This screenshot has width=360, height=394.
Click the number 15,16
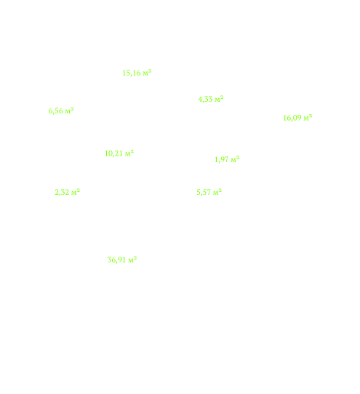click(x=132, y=73)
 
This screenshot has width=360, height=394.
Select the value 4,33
click(x=205, y=100)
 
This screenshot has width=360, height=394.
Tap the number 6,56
click(x=55, y=110)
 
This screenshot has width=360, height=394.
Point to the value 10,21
click(x=114, y=153)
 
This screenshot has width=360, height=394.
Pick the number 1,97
click(x=222, y=159)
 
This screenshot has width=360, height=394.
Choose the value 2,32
click(x=62, y=192)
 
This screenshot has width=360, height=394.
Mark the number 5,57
click(x=204, y=192)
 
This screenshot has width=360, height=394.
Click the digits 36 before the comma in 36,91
click(x=111, y=260)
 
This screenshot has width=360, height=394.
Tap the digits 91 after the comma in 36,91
click(x=121, y=260)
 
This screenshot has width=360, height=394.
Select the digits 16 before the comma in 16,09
click(x=287, y=118)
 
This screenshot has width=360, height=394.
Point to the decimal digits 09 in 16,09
click(x=297, y=118)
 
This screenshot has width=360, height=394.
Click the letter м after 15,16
click(x=145, y=73)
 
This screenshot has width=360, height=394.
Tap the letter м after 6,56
click(x=68, y=111)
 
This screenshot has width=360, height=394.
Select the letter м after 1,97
click(x=233, y=161)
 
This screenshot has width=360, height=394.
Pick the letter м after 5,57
click(x=216, y=193)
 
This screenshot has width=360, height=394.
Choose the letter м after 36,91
click(x=131, y=260)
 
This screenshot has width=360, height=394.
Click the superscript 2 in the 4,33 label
click(x=222, y=97)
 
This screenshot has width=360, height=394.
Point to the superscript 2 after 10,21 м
click(x=132, y=151)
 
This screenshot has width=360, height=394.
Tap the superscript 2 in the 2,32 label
click(x=79, y=190)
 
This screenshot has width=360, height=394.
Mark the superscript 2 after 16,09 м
click(x=311, y=116)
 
